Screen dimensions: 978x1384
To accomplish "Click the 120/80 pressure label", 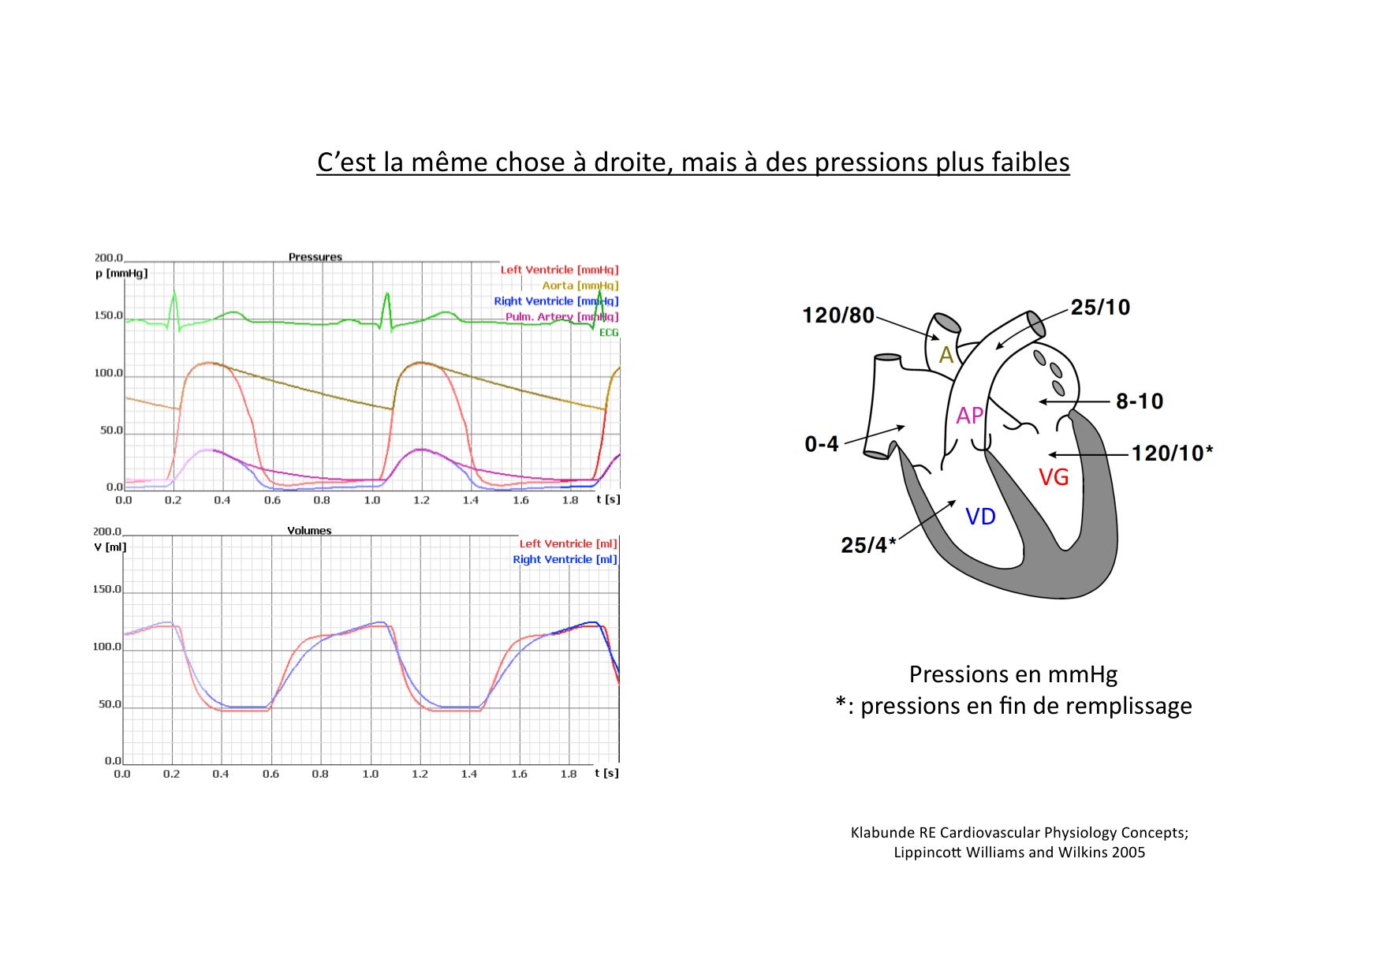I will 837,315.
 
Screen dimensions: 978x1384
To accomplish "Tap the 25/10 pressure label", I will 1100,307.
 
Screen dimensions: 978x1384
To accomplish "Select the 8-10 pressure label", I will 1139,401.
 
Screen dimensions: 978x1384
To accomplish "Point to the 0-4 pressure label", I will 821,444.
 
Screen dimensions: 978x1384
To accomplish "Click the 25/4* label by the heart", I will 867,545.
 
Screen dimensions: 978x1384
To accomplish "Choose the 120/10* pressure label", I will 1171,453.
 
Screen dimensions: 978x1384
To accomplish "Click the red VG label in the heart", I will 1054,477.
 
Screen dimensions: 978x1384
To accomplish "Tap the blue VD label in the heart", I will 980,517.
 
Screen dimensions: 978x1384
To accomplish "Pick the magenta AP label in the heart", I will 969,416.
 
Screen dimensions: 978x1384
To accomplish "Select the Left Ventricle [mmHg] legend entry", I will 559,270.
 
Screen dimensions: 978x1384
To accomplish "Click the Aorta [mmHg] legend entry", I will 580,286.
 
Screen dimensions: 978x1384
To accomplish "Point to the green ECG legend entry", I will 609,333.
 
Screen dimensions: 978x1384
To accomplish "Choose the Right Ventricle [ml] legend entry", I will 565,559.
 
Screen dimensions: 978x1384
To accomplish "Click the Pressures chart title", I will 315,257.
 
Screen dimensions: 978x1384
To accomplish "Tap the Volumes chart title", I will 309,531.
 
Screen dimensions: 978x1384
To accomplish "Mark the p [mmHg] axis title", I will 121,274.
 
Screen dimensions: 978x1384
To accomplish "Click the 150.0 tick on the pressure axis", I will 108,315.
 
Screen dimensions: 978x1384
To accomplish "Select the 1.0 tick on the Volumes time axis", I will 370,774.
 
